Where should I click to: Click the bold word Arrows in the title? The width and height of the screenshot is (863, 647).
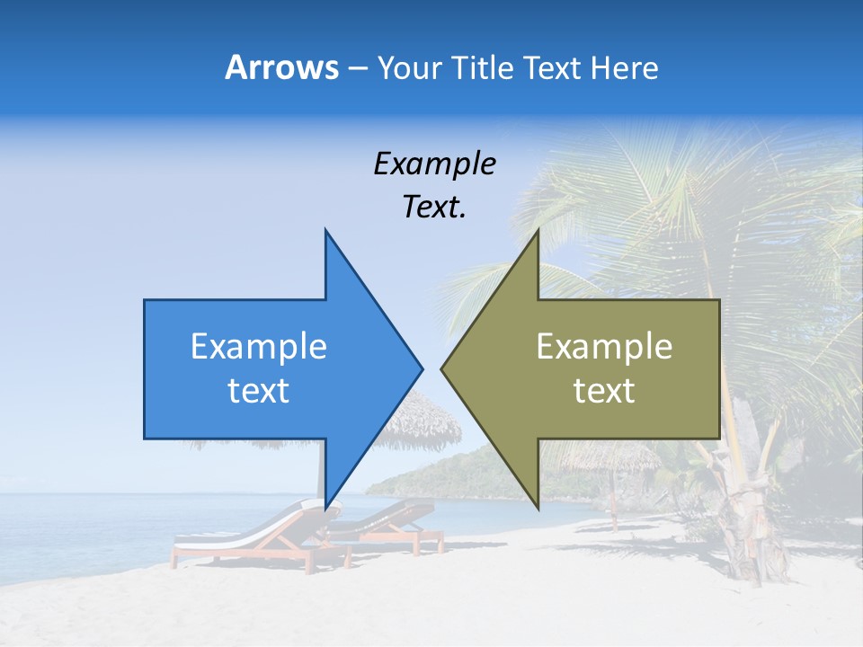coord(281,67)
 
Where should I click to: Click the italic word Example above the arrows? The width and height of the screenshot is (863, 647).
coord(434,164)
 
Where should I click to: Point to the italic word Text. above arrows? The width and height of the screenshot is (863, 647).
coord(434,208)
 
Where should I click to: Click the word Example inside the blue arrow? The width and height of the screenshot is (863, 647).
coord(258,346)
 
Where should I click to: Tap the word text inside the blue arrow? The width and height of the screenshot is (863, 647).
coord(258,391)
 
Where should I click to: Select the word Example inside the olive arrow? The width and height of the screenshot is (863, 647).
coord(604,346)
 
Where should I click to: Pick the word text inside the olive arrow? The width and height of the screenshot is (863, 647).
coord(604,391)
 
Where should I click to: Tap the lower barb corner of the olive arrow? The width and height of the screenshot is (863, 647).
coord(538,508)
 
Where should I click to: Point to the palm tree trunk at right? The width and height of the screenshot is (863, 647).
coord(751,503)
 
